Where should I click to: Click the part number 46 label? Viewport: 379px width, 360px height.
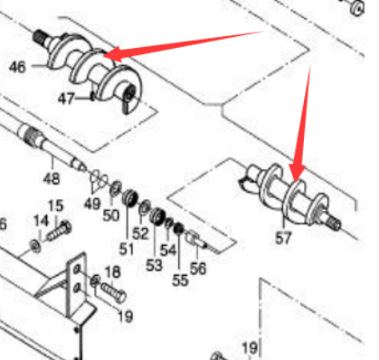coord(17,67)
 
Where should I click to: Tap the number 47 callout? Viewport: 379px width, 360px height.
coord(66,99)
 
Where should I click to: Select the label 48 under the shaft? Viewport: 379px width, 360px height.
coord(52,179)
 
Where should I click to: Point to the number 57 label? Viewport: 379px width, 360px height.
coord(283,238)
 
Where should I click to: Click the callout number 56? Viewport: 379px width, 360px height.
coord(198,268)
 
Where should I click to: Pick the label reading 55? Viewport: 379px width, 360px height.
coord(180,280)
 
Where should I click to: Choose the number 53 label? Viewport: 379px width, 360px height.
coord(154,265)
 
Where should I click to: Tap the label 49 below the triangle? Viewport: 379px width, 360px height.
coord(92,204)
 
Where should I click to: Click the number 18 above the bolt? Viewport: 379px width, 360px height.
coord(112,272)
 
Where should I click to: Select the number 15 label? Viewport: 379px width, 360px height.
coord(56,205)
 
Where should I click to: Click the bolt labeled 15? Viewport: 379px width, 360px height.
coord(60,231)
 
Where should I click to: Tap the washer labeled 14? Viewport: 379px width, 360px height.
coord(35,246)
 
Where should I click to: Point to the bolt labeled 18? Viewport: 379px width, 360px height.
coord(113,292)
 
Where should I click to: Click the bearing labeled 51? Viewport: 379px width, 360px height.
coord(130,198)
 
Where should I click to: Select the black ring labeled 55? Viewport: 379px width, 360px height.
coord(179,229)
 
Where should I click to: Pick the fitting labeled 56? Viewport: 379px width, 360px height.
coord(195,239)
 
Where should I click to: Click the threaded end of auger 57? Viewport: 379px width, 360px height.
coord(334,223)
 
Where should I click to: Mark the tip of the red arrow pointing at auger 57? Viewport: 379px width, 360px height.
coord(297,182)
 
